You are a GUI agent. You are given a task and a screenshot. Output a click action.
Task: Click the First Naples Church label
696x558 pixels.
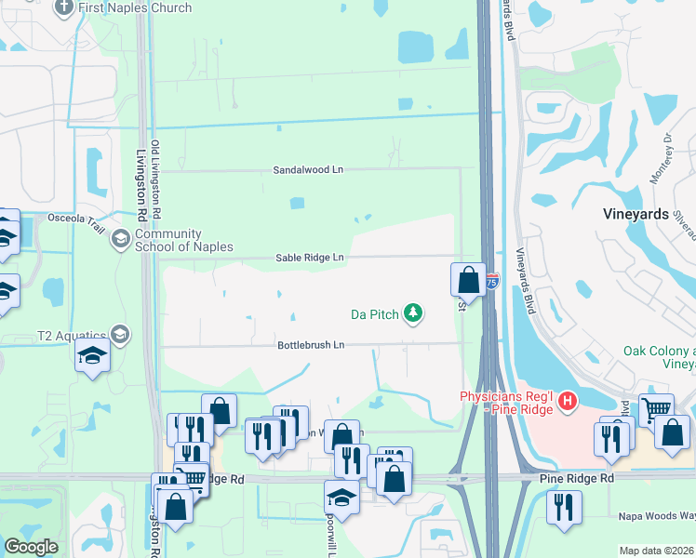(x=135, y=7)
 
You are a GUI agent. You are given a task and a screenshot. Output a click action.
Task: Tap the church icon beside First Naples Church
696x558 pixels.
(x=64, y=8)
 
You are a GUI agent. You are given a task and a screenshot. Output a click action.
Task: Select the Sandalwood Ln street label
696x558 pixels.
(x=308, y=170)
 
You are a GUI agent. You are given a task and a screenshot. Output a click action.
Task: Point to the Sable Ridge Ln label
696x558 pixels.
(x=310, y=258)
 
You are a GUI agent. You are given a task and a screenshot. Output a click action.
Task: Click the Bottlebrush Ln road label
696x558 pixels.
(x=311, y=345)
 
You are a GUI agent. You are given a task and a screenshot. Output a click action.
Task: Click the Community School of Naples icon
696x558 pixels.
(x=120, y=240)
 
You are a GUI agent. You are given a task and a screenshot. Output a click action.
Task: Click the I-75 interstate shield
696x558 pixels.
(x=491, y=278)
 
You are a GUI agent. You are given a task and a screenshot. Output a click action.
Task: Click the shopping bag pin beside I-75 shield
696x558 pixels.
(x=468, y=280)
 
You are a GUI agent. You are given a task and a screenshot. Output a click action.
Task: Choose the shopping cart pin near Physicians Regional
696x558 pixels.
(x=658, y=410)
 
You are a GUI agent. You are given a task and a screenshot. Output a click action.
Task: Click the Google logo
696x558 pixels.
(x=32, y=547)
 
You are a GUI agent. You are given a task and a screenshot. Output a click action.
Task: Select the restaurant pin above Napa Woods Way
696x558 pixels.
(x=564, y=508)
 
